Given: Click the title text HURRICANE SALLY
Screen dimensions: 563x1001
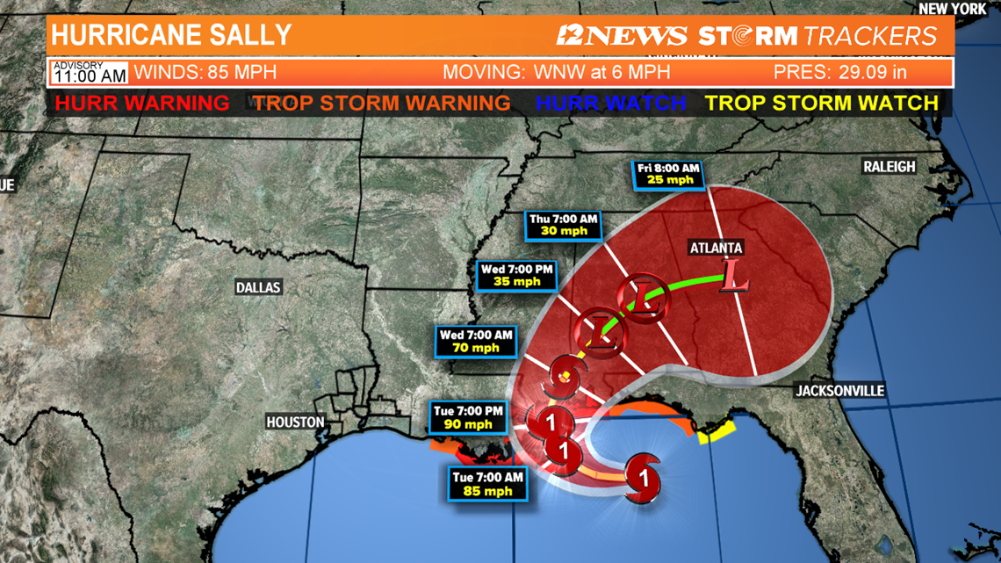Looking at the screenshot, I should [x=171, y=35].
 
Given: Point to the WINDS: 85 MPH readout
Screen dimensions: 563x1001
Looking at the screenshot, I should [x=205, y=72].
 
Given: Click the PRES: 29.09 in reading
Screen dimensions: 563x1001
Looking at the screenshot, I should [x=839, y=72].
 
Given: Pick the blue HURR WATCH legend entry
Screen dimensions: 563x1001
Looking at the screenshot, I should [x=610, y=103].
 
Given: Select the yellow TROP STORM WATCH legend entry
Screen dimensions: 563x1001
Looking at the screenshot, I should [x=822, y=103].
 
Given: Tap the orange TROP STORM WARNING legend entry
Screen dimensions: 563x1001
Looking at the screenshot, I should [x=382, y=103].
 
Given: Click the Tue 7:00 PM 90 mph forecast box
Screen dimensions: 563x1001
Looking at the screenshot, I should [x=469, y=417].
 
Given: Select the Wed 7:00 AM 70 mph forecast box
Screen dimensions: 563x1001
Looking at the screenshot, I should [x=477, y=341].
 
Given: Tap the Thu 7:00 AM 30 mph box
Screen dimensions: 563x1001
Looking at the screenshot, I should [x=564, y=226].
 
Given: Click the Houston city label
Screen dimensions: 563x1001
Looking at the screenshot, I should [x=296, y=422].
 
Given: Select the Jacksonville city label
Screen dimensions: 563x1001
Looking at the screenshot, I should [x=839, y=390].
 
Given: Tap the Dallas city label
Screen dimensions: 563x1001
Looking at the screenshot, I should [x=258, y=287].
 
